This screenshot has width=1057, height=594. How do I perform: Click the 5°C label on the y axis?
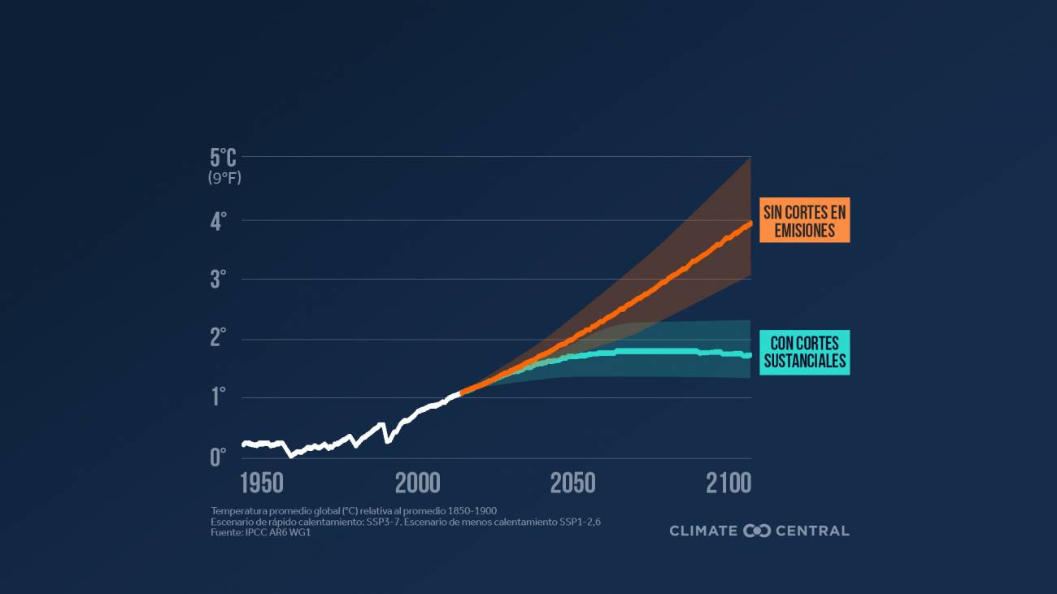tap(224, 158)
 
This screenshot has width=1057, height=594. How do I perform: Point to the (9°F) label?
tap(224, 178)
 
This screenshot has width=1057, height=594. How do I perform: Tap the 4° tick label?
tap(218, 222)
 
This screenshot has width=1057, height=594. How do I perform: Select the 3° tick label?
tap(218, 280)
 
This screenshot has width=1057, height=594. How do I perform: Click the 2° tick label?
tap(218, 338)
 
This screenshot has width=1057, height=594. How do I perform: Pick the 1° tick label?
tap(219, 397)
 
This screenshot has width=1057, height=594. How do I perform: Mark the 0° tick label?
tap(218, 457)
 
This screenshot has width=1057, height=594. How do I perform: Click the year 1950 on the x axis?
tap(262, 483)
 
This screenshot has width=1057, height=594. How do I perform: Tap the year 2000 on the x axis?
tap(418, 483)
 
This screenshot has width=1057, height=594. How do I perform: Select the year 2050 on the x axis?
tap(573, 483)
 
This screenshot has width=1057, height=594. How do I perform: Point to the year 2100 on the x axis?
tap(729, 483)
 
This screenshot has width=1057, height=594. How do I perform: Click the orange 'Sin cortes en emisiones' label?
tap(805, 220)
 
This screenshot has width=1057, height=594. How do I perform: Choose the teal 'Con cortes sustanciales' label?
tap(805, 353)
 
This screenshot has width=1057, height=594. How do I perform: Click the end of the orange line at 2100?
tap(750, 223)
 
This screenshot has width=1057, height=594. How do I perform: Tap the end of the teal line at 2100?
tap(750, 355)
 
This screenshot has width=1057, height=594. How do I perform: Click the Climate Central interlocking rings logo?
tap(757, 531)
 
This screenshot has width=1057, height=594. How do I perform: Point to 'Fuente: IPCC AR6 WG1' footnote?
tap(260, 533)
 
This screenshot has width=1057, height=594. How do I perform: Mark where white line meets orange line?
tap(461, 392)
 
